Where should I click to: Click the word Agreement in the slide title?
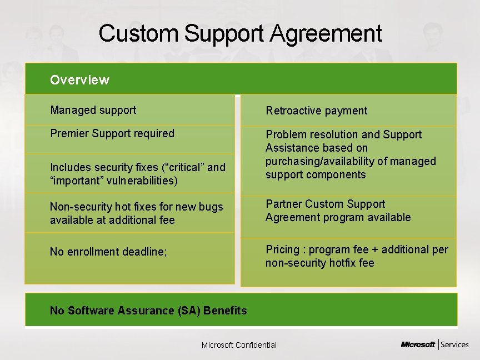(327, 34)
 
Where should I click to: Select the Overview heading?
(79, 80)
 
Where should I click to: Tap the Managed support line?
(93, 110)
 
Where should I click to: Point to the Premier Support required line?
(112, 133)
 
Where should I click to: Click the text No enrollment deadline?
(108, 252)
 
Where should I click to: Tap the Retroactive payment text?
(316, 111)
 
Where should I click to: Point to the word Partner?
(283, 204)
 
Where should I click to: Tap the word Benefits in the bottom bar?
(225, 311)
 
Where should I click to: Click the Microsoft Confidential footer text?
(239, 345)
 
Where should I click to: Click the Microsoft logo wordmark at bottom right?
(418, 344)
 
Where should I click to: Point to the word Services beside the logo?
(456, 344)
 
